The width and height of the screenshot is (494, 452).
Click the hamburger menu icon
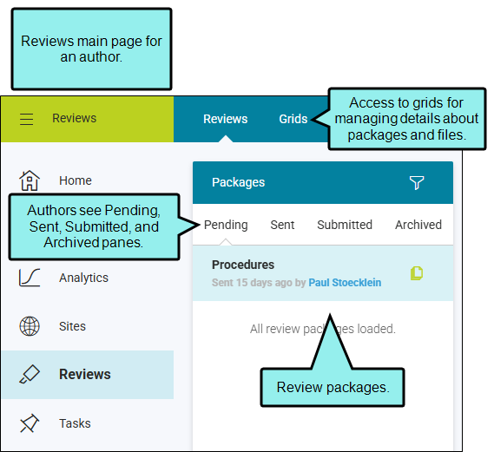coord(26,120)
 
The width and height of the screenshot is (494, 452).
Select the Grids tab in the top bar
coord(293,119)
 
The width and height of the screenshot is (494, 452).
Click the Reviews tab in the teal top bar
coord(225,119)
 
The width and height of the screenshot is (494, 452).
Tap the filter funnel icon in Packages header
coord(417,182)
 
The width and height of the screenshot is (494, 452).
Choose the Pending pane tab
coord(226,225)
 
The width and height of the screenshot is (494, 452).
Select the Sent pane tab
coord(282,225)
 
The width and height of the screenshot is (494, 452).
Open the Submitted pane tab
coord(345,225)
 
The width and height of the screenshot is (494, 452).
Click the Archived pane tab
coord(418,225)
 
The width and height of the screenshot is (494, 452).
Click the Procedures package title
coord(243,265)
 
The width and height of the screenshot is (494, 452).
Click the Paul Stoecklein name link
coord(345,283)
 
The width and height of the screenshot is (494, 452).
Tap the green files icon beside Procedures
coord(417,273)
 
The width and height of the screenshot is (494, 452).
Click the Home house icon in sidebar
coord(30,180)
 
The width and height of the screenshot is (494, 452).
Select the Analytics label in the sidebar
coord(83,278)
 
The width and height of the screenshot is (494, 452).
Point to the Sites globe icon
coord(30,326)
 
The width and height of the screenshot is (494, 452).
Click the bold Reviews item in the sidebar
coord(85,374)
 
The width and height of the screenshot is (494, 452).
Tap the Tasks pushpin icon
coord(30,423)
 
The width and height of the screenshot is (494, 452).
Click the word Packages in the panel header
coord(238,182)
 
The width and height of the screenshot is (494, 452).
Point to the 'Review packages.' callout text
coord(333,387)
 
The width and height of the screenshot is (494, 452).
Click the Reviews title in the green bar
coord(74,118)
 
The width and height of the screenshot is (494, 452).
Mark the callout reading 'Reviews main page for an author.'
coord(91,49)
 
